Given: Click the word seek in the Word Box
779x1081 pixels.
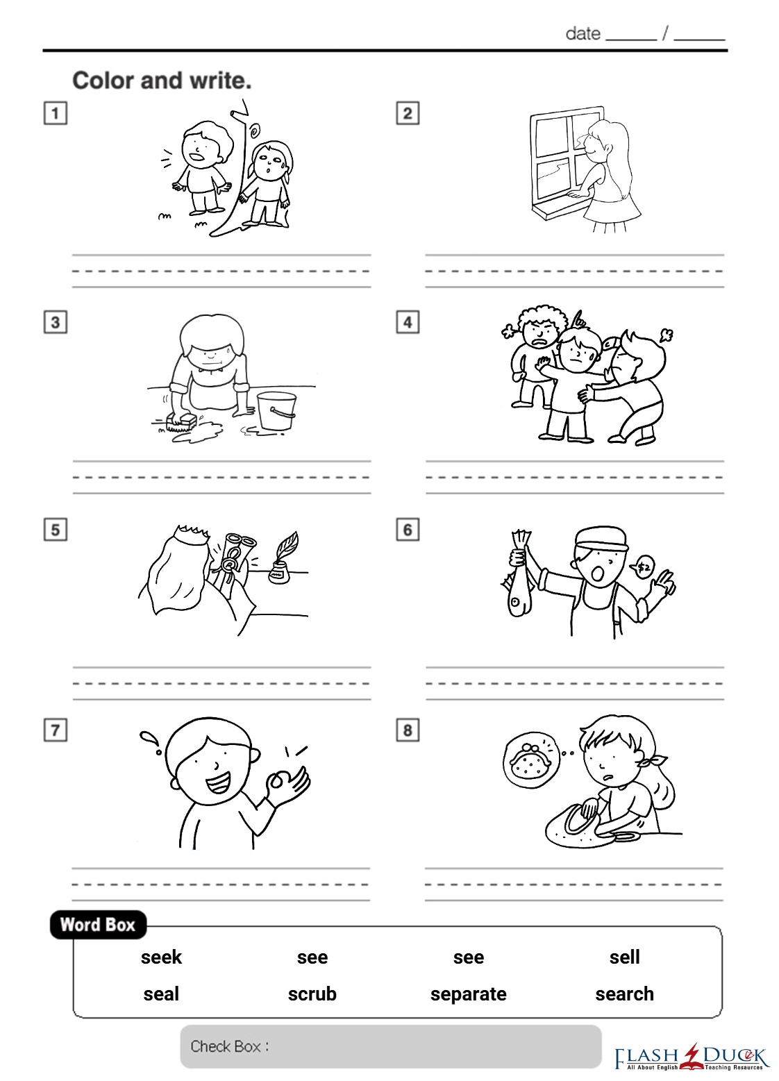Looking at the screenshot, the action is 161,957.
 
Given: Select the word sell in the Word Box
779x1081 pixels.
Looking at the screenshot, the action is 625,957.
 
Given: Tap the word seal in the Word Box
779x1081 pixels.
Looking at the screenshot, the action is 161,994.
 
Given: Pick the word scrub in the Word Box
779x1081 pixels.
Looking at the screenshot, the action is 312,994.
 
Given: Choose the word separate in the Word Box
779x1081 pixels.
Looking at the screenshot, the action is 469,995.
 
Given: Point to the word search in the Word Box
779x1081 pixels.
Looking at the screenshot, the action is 625,994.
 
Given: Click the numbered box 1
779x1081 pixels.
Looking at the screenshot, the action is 56,113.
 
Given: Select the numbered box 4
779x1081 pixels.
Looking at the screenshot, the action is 408,322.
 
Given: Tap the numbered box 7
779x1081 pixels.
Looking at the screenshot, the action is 56,730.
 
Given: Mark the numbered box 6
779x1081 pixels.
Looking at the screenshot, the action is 408,530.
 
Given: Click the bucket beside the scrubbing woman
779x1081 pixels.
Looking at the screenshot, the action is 276,410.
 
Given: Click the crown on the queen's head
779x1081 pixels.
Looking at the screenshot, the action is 193,533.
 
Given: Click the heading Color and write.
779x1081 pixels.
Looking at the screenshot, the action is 162,81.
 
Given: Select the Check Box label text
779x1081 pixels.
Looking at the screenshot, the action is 230,1046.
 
